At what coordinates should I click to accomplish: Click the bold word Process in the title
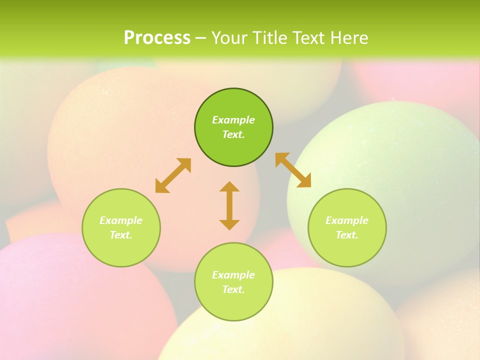click(x=157, y=37)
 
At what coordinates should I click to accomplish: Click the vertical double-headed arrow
click(x=229, y=205)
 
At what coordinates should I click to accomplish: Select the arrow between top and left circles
click(x=173, y=175)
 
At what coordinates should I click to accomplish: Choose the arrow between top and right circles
click(x=293, y=170)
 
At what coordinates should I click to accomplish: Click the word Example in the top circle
click(x=233, y=120)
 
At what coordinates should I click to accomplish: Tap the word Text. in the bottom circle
click(x=233, y=289)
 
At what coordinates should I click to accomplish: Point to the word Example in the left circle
click(x=121, y=220)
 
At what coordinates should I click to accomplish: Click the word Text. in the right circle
click(x=347, y=235)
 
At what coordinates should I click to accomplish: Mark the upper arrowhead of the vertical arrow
click(x=229, y=186)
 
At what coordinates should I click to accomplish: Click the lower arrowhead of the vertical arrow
click(x=229, y=224)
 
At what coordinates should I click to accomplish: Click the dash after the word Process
click(x=200, y=37)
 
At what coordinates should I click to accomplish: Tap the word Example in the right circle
click(x=347, y=220)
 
